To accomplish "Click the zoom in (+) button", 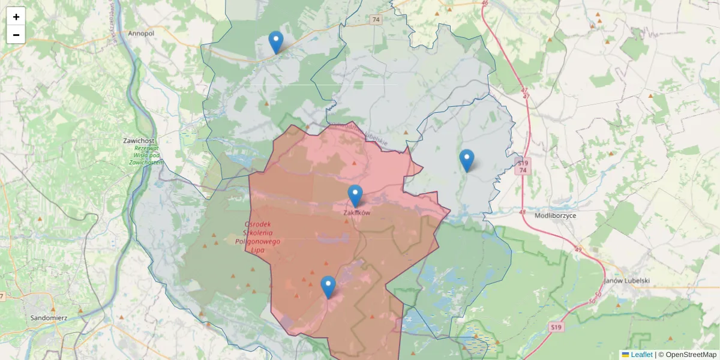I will [x=16, y=17].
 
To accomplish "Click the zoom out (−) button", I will [x=16, y=34].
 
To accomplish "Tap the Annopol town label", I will [x=141, y=34].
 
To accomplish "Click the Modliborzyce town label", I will [x=555, y=215].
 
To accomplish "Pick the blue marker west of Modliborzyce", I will [x=467, y=160].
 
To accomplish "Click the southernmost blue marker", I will [x=328, y=287].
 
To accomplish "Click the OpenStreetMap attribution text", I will [x=691, y=355].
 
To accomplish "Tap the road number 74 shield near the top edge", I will [x=376, y=20].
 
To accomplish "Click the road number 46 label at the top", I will [x=485, y=3].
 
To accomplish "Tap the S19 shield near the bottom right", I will [x=556, y=327].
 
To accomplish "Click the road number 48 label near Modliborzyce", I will [x=522, y=212].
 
